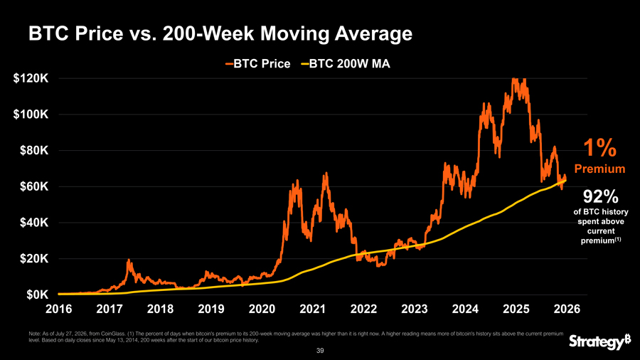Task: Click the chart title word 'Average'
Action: [x=374, y=33]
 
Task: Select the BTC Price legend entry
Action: [x=257, y=63]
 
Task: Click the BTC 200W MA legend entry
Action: [x=346, y=63]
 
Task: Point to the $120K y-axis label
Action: [x=31, y=78]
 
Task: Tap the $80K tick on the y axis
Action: [x=34, y=151]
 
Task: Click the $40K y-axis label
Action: [x=34, y=223]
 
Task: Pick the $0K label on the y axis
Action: [x=37, y=295]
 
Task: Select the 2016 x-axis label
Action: [x=59, y=309]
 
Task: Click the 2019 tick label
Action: [x=211, y=309]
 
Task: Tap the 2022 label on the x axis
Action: [x=363, y=309]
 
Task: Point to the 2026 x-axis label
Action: [x=567, y=309]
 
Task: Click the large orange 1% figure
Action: [x=599, y=148]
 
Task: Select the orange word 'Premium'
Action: [x=599, y=169]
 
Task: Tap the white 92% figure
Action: [x=600, y=197]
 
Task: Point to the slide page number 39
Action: [x=320, y=351]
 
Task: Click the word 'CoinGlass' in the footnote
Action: [x=114, y=334]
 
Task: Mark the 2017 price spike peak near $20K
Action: [x=129, y=260]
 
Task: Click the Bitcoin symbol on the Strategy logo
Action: [x=627, y=339]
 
